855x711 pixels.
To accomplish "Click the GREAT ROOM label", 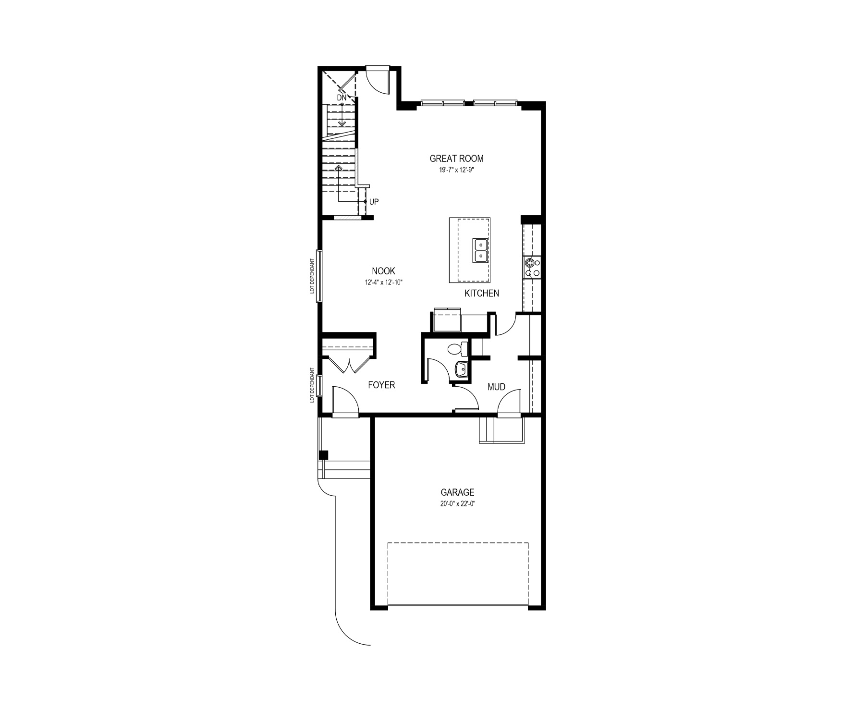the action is coord(456,159).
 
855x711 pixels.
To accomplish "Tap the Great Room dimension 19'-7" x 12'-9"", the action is coord(456,170).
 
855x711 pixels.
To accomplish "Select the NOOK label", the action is coord(383,271).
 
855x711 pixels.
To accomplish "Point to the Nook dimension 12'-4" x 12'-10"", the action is coord(383,282).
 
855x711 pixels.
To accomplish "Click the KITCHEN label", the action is coord(482,293).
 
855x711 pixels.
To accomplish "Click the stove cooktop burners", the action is coord(532,267).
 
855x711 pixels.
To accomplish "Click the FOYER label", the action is coord(381,385).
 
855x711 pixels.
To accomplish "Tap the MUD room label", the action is coord(496,387).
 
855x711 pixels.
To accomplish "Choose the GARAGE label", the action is coord(457,492).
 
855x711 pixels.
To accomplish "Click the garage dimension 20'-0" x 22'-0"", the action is coord(457,504).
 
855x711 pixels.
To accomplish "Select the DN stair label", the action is coord(342,98).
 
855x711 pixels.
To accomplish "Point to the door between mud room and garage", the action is coord(509,402).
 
